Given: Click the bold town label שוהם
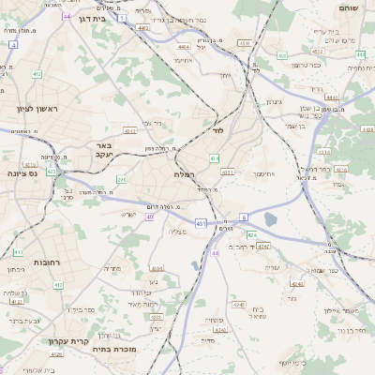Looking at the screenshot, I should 351,7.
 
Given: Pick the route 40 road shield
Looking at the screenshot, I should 149,217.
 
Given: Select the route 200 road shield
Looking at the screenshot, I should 121,178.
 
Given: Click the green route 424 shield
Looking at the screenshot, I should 251,235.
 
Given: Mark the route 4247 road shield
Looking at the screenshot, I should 263,247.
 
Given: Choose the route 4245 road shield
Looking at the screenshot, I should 236,305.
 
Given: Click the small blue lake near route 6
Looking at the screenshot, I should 271,220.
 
